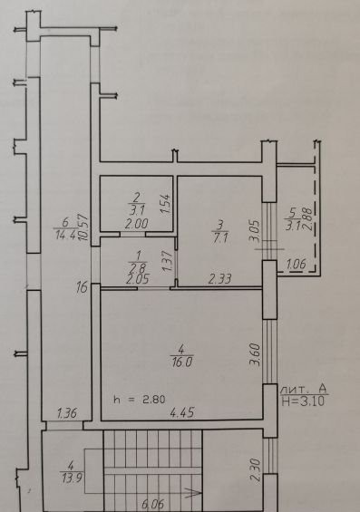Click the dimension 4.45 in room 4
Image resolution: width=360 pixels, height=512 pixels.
(x=182, y=412)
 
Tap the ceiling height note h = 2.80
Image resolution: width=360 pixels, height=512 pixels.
(x=140, y=400)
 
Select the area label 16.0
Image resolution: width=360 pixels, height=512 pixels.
(x=181, y=362)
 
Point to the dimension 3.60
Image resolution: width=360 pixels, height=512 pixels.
(x=255, y=354)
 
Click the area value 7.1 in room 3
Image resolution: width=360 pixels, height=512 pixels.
(x=219, y=238)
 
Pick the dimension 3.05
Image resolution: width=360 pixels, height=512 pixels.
(x=255, y=231)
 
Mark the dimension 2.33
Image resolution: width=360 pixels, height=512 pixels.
(x=219, y=279)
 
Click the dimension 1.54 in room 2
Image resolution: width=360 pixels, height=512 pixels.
(x=166, y=204)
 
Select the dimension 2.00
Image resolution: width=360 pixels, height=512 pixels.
(x=136, y=224)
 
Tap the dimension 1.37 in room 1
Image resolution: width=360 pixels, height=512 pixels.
(x=167, y=261)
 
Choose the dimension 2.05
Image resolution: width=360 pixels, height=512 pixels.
(x=138, y=279)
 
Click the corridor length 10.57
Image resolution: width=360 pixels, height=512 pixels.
(x=84, y=227)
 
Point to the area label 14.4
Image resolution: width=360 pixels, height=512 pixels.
(x=65, y=235)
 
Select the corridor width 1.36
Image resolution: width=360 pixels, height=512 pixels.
(x=67, y=413)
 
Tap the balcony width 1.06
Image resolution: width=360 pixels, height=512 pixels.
(x=297, y=265)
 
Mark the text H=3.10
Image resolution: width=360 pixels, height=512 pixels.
(x=304, y=401)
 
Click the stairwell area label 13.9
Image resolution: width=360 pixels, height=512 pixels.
(x=72, y=478)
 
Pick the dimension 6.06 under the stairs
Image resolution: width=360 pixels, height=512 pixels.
(x=152, y=504)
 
